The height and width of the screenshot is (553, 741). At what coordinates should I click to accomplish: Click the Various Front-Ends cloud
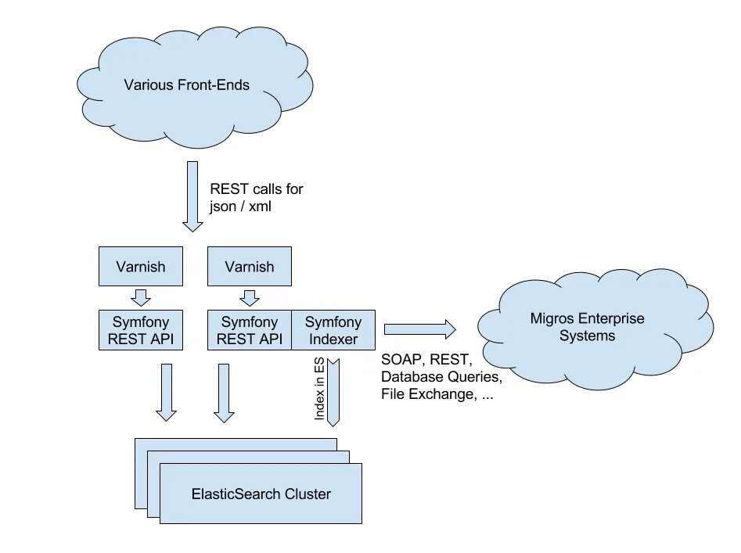[x=186, y=84]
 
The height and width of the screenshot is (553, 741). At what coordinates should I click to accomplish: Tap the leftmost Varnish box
[x=141, y=267]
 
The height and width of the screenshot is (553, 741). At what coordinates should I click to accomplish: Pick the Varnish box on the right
[x=250, y=267]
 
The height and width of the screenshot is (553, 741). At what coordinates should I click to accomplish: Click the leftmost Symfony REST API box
[x=141, y=330]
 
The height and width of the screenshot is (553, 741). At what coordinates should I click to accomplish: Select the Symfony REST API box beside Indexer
[x=249, y=330]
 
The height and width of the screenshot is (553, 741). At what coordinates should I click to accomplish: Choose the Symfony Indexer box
[x=333, y=330]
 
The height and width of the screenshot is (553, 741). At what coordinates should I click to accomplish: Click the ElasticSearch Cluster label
[x=261, y=494]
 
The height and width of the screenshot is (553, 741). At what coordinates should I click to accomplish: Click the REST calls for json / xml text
[x=256, y=197]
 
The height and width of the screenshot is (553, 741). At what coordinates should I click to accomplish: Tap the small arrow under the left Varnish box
[x=142, y=297]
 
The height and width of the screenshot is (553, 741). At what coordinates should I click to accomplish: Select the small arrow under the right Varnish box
[x=249, y=297]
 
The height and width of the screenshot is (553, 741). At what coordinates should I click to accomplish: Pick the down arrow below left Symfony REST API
[x=166, y=393]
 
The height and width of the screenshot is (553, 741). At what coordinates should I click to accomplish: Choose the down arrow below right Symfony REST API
[x=225, y=393]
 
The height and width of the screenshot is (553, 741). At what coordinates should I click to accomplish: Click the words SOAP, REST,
[x=426, y=360]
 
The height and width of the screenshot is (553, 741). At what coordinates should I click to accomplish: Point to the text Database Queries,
[x=441, y=377]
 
